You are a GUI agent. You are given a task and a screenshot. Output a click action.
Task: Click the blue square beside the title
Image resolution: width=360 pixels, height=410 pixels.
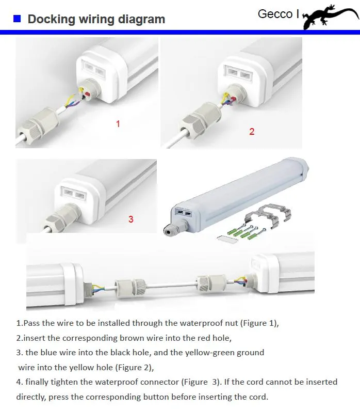(17, 19)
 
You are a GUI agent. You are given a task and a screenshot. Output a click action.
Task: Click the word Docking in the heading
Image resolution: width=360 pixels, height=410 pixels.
(52, 19)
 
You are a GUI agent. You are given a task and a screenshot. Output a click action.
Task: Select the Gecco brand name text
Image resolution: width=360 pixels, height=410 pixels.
(275, 14)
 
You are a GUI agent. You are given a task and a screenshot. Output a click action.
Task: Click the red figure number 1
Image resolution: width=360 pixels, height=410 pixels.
(118, 124)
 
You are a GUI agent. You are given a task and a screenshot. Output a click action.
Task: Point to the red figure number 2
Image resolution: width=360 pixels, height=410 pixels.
(252, 131)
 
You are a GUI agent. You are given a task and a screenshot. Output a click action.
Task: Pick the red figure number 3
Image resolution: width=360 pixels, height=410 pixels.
(131, 219)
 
